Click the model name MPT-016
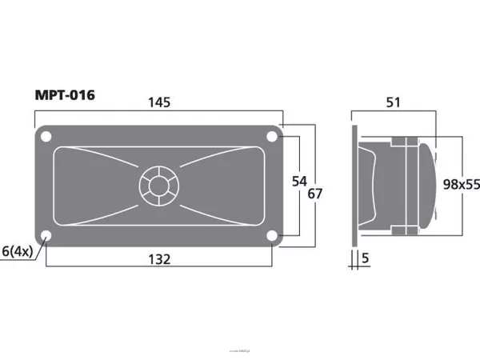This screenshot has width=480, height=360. click(65, 95)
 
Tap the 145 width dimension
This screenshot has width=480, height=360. click(159, 102)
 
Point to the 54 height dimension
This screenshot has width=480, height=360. click(299, 182)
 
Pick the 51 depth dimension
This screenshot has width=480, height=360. click(394, 102)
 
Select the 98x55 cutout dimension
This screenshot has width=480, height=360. click(461, 184)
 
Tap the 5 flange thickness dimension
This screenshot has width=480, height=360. click(366, 258)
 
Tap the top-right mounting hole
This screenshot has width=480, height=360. click(272, 137)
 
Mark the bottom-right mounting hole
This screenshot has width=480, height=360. click(272, 235)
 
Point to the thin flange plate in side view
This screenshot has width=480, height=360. click(353, 186)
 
